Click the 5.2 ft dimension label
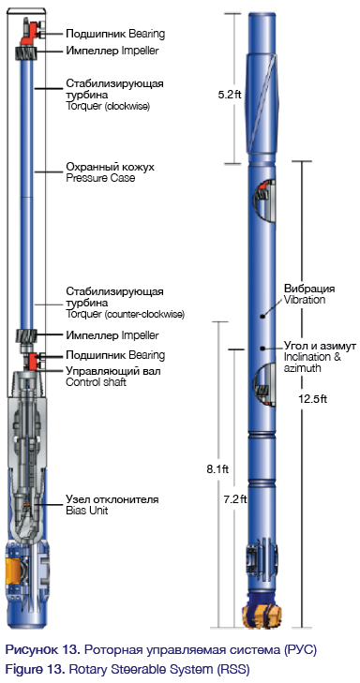pyautogui.click(x=229, y=95)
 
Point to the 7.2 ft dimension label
pyautogui.click(x=235, y=498)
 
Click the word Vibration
pyautogui.click(x=304, y=300)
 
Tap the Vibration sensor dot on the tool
pyautogui.click(x=262, y=317)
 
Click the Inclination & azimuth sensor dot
pyautogui.click(x=262, y=348)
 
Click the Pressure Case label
pyautogui.click(x=100, y=178)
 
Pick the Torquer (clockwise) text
pyautogui.click(x=108, y=106)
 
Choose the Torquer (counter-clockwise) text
pyautogui.click(x=125, y=314)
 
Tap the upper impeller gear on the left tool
pyautogui.click(x=27, y=54)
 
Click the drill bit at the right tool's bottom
pyautogui.click(x=262, y=614)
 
